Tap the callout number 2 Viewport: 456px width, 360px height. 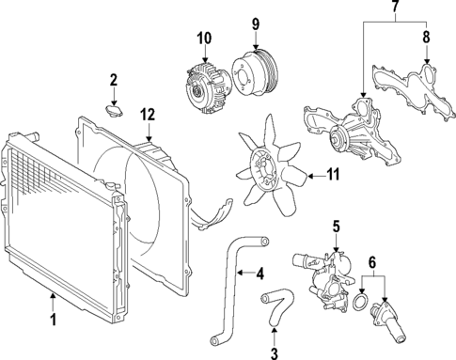click(113, 80)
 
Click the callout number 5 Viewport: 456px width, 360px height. click(334, 227)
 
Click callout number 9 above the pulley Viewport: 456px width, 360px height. click(254, 23)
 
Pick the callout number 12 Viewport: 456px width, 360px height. click(147, 115)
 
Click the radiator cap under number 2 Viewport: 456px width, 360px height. click(114, 111)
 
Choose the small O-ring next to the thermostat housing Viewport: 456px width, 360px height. click(359, 304)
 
